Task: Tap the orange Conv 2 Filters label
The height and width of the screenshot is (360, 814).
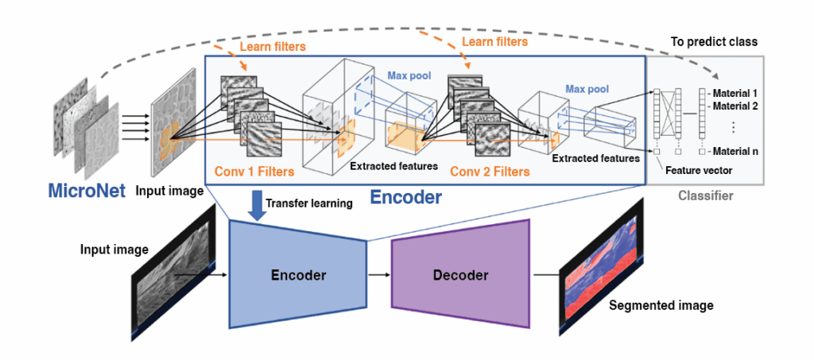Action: [x=489, y=171]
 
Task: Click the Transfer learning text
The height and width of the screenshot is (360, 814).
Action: [x=309, y=203]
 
